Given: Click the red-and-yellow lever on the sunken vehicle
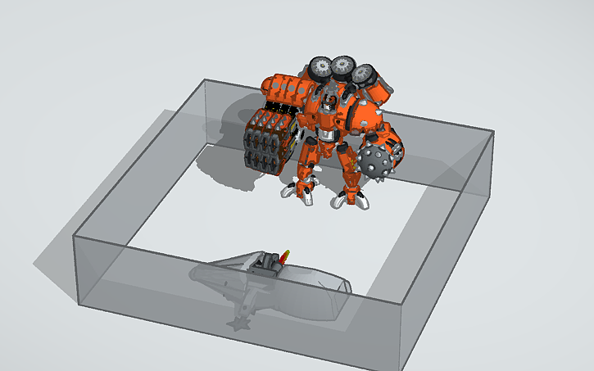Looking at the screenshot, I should pos(284,257).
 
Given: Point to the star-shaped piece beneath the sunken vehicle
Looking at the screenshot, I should pos(240,324).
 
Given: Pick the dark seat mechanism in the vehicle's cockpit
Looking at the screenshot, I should pos(267,264).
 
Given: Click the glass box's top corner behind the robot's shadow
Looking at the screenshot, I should pos(204,79).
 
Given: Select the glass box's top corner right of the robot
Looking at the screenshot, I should pos(494,132).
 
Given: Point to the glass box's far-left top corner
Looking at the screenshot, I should pos(75,236).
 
